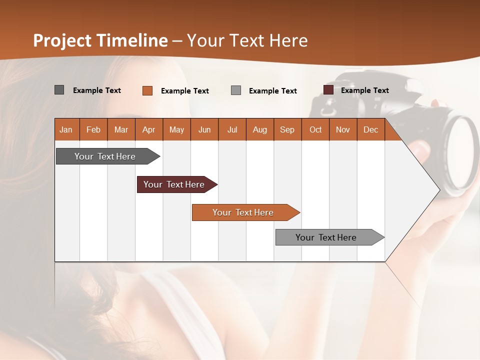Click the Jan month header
coord(66,130)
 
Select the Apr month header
coord(149,130)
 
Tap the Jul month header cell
coord(232,130)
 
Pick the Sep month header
coord(287,130)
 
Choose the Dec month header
coord(370,130)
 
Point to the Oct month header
coord(315,130)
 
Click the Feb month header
coord(93,130)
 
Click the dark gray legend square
coord(59,90)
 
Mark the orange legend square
coord(147,90)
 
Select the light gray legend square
coord(236,90)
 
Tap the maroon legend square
coord(328,90)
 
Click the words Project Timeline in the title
coord(100,40)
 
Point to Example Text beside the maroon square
coord(364,90)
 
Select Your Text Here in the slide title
coord(247,40)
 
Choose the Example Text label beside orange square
coord(184,91)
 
